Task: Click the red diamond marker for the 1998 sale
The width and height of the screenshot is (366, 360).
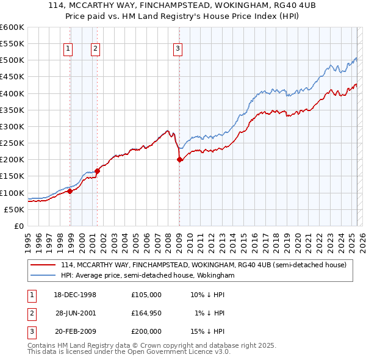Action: tap(70, 191)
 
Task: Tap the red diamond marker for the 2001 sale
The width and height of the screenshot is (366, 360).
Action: tap(98, 171)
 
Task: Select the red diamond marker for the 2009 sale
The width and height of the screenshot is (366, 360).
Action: tap(179, 160)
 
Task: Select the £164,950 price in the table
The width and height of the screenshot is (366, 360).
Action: tap(146, 313)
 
